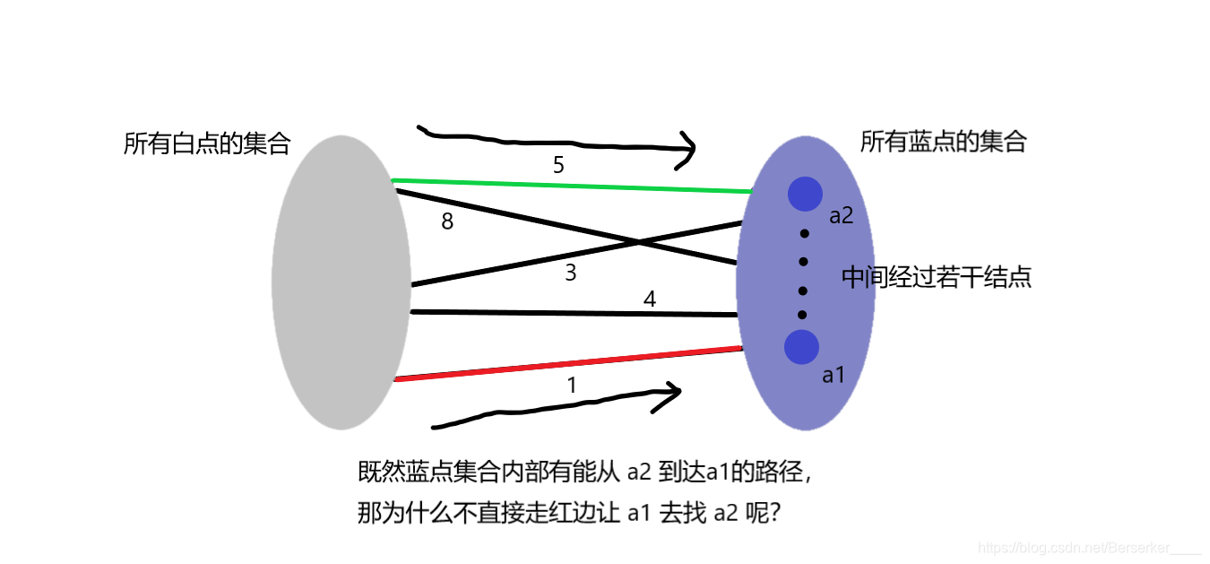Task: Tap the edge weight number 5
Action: tap(558, 165)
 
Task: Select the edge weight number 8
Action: tap(447, 221)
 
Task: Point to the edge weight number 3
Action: tap(571, 273)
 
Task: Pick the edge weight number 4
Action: tap(650, 299)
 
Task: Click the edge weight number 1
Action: tap(572, 386)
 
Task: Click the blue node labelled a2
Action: tap(805, 194)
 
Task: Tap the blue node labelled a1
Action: tap(801, 347)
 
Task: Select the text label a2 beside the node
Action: tap(841, 216)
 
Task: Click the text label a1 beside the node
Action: tap(834, 376)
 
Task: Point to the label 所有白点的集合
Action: tap(207, 143)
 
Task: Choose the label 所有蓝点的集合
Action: tap(943, 142)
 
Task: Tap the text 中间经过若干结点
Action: tap(936, 278)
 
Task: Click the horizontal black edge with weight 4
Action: tap(574, 313)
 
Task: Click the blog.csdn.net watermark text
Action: tap(1088, 547)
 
